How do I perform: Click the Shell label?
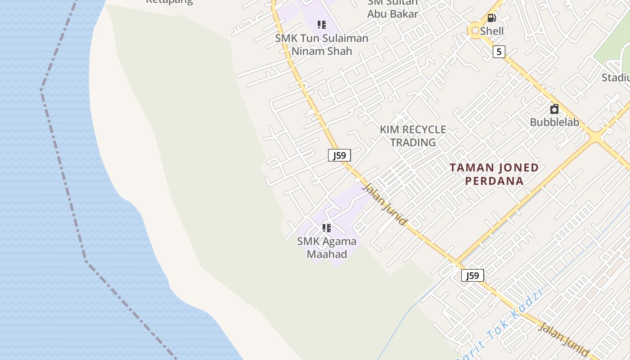pos(491,31)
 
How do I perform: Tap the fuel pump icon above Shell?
pos(492,18)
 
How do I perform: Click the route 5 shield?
pos(499,52)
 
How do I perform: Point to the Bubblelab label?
pos(554,122)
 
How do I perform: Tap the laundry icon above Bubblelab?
pos(554,109)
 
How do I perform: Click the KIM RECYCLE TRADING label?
pos(413,136)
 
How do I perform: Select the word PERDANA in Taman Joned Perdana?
pos(494,181)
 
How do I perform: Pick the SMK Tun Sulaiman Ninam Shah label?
pos(322,45)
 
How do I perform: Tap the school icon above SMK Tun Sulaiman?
pos(321,24)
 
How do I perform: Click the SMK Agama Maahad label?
pos(327,247)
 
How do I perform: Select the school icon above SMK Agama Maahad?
pos(327,228)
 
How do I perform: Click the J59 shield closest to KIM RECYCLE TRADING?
pos(339,156)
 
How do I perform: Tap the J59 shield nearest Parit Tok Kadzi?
pos(472,275)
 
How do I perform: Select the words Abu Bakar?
pos(392,14)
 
